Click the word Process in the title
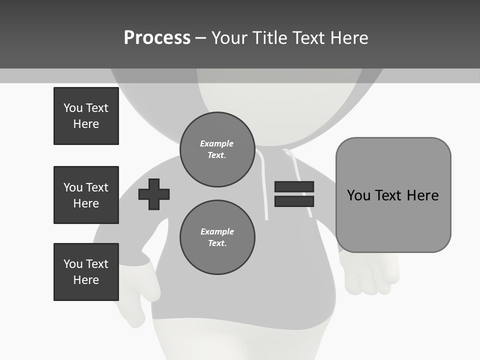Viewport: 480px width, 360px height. click(x=157, y=38)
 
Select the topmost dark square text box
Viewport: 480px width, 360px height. click(x=86, y=116)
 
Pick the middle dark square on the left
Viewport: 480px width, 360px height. click(x=86, y=195)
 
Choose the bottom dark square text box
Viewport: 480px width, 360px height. click(x=86, y=272)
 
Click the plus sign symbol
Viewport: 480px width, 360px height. click(x=154, y=194)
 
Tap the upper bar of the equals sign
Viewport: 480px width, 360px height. click(x=294, y=186)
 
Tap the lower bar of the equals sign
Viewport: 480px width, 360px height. click(x=294, y=201)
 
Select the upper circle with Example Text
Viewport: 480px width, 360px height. click(x=217, y=149)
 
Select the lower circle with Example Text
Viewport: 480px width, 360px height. click(x=217, y=237)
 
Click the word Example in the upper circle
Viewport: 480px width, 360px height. click(x=217, y=143)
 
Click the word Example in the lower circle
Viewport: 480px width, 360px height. click(x=217, y=231)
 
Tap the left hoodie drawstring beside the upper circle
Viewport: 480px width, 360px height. click(x=263, y=185)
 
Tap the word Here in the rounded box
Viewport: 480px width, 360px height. click(x=422, y=195)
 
